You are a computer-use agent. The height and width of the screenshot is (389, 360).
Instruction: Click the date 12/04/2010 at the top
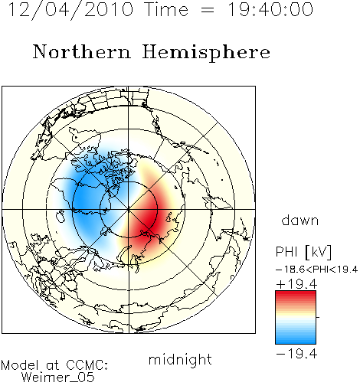(x=71, y=10)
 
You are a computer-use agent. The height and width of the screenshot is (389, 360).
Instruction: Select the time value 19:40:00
(x=270, y=9)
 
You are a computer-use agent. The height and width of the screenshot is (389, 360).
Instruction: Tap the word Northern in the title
(x=82, y=51)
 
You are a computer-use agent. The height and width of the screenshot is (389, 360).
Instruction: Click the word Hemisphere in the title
(x=206, y=53)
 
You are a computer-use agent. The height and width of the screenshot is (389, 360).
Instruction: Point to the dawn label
(x=300, y=220)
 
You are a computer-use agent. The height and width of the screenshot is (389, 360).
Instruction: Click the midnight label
(x=180, y=359)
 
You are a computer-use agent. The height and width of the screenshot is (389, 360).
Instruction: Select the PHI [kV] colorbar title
(x=303, y=252)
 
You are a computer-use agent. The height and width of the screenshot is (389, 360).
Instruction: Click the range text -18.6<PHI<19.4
(x=316, y=270)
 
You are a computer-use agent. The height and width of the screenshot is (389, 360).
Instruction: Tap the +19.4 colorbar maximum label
(x=296, y=284)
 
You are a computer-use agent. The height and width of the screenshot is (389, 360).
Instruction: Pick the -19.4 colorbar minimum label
(x=296, y=354)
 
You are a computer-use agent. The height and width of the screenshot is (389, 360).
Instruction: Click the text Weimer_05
(x=58, y=377)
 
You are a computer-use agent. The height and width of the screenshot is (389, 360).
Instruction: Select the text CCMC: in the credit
(x=87, y=365)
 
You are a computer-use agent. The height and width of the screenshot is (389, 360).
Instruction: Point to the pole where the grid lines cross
(x=129, y=210)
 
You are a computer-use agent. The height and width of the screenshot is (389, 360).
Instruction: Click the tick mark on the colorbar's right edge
(x=318, y=317)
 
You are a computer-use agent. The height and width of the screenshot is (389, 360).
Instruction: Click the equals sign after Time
(x=208, y=10)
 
